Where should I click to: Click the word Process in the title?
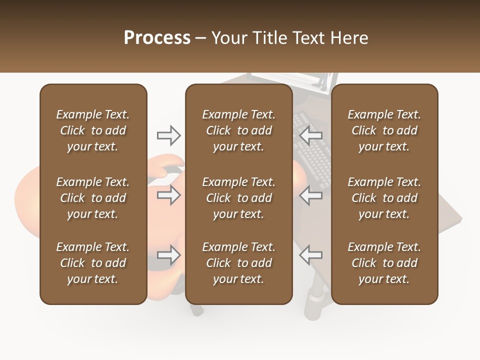coord(157,38)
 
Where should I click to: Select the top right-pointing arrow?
coord(168,135)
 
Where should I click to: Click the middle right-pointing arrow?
coord(168,195)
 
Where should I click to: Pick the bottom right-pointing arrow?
coord(168,255)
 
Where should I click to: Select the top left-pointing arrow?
coord(311,135)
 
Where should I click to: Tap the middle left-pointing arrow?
coord(311,195)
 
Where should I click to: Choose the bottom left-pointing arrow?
coord(311,255)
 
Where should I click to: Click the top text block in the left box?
coord(93,130)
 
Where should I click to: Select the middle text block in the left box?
coord(93,198)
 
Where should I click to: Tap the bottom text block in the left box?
coord(93,263)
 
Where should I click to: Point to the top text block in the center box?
coord(238,130)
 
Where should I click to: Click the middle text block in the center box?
coord(238,198)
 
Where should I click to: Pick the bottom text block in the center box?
coord(238,263)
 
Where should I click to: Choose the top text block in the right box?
coord(384,130)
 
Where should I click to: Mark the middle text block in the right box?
coord(384,198)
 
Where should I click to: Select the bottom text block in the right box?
coord(384,263)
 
